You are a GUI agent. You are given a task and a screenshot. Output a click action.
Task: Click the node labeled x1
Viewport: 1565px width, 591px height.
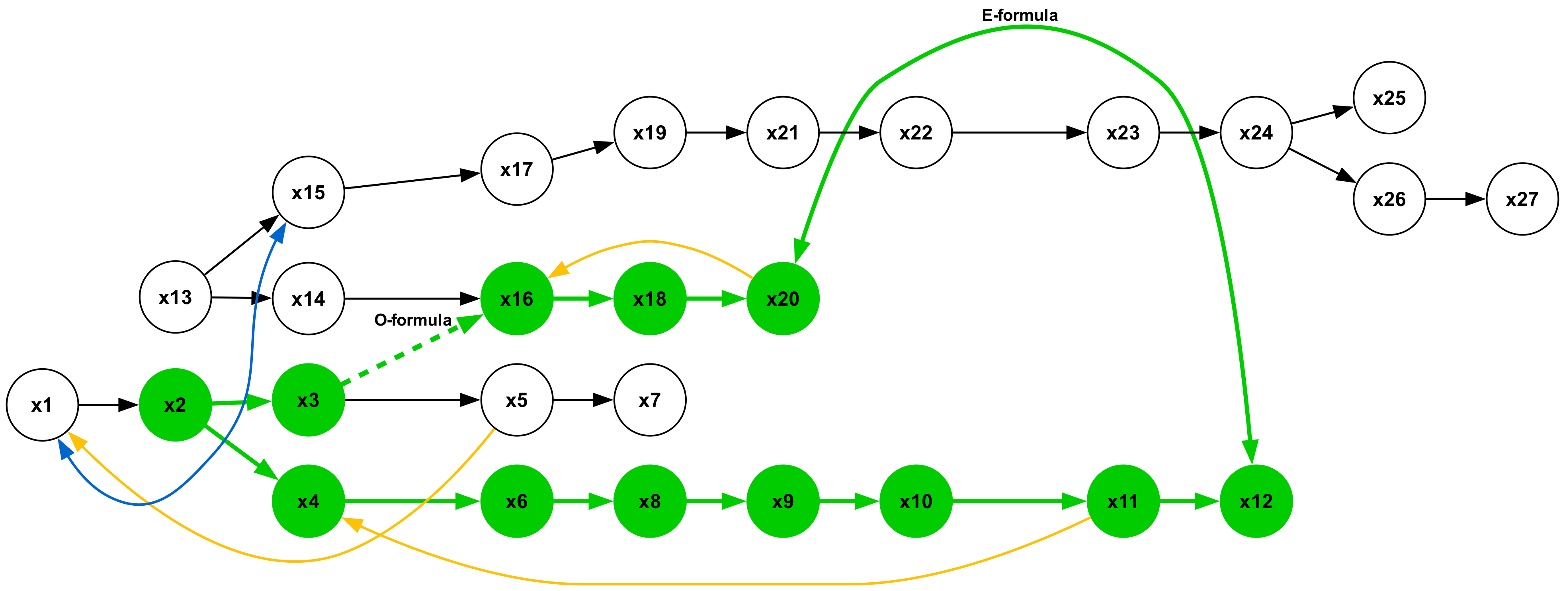pos(42,405)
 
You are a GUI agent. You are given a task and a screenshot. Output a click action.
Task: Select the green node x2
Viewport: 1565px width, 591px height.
pos(175,405)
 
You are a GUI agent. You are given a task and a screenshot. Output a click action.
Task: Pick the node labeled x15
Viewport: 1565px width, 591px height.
pos(308,193)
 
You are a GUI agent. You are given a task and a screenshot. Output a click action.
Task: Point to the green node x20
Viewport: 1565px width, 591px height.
pos(783,298)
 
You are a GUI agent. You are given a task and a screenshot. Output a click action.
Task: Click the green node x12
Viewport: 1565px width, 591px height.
pos(1256,502)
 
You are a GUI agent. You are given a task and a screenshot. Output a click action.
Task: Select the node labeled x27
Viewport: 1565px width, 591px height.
pos(1522,199)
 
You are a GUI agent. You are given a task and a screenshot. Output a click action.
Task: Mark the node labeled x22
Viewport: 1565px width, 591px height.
pos(916,133)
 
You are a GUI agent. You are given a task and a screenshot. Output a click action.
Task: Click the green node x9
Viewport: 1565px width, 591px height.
pos(783,502)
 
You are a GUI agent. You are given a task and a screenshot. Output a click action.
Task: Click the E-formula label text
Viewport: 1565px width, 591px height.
pos(1020,15)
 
